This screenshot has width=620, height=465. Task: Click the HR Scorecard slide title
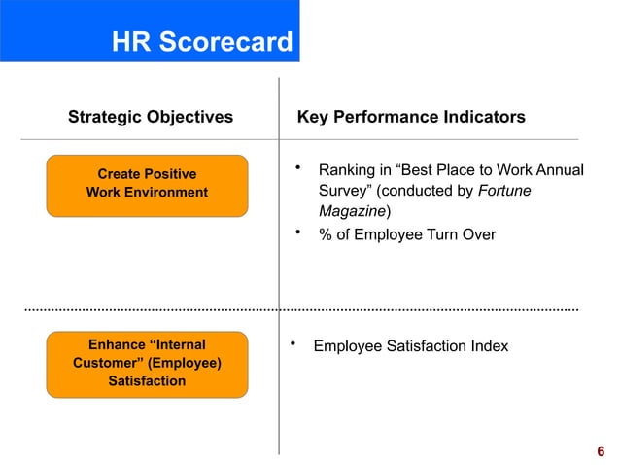[x=201, y=43]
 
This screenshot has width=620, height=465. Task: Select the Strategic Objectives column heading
[x=151, y=118]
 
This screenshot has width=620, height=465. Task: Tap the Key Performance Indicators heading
[x=411, y=118]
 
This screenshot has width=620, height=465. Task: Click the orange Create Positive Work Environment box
[x=147, y=184]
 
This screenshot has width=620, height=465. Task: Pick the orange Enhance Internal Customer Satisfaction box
[x=147, y=363]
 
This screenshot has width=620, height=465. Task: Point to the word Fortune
[x=504, y=191]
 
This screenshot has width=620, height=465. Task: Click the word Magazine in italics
[x=352, y=211]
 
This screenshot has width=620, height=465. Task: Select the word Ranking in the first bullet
[x=347, y=171]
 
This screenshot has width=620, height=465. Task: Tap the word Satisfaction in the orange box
[x=147, y=381]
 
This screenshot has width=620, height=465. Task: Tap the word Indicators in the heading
[x=488, y=118]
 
